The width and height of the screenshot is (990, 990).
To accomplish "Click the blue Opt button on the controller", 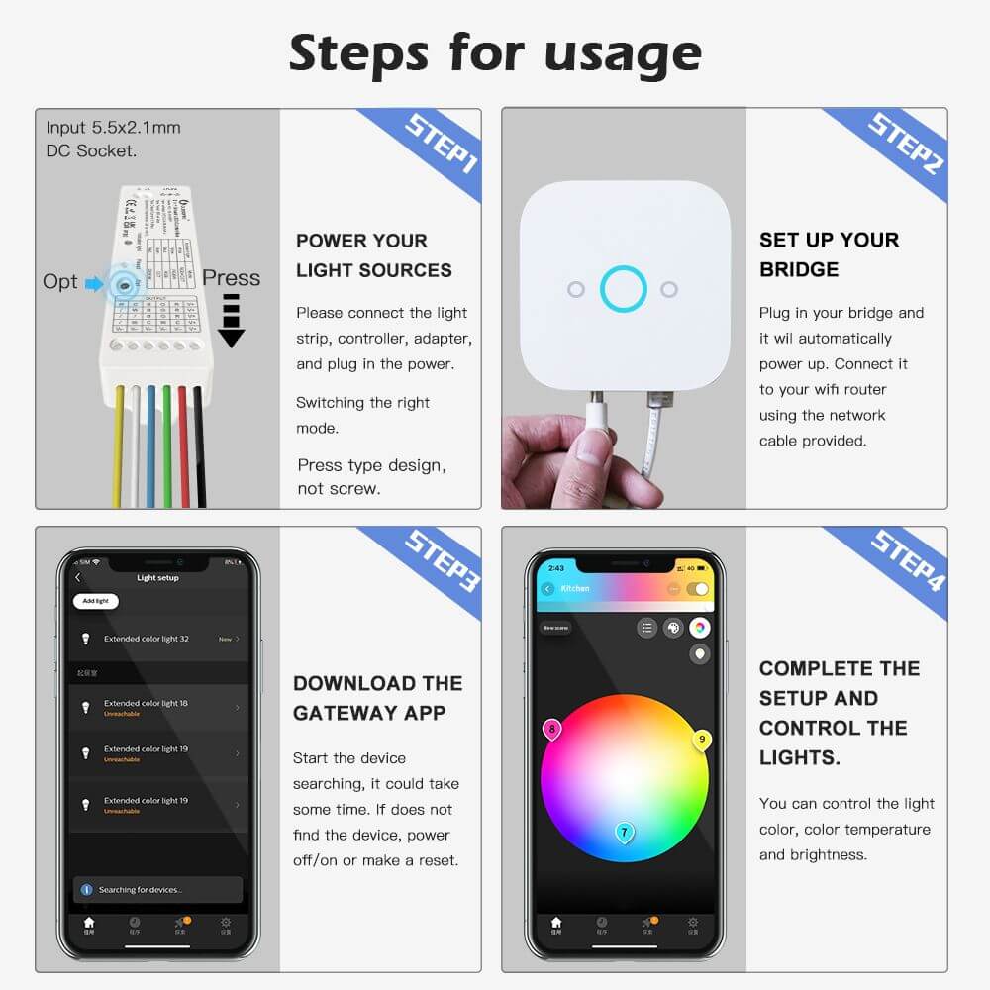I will (x=123, y=284).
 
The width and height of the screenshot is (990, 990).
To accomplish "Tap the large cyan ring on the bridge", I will (x=624, y=289).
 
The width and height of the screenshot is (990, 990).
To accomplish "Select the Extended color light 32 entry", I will (x=158, y=639).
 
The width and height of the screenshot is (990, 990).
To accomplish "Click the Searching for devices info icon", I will (x=86, y=890).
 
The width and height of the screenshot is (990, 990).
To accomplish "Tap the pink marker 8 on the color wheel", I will (x=551, y=731).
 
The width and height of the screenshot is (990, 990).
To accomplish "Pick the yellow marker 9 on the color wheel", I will (x=702, y=740).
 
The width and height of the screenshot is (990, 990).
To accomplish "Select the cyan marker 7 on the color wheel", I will (x=624, y=833).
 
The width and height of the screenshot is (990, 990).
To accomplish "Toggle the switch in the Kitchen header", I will (x=699, y=589).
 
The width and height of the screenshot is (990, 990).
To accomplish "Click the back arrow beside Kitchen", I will (x=547, y=589).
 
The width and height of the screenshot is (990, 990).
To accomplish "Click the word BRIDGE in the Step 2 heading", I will (x=798, y=270).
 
